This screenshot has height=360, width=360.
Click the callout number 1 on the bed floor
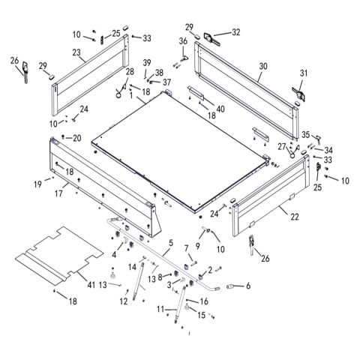tap(132, 97)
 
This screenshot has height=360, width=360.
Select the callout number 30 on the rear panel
tap(263, 67)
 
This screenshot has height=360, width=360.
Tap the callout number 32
tap(236, 32)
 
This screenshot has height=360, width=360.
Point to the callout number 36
tap(183, 40)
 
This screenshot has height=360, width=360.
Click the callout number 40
tap(220, 107)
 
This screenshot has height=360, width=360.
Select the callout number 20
tap(77, 138)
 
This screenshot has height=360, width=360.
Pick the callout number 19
tap(37, 182)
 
